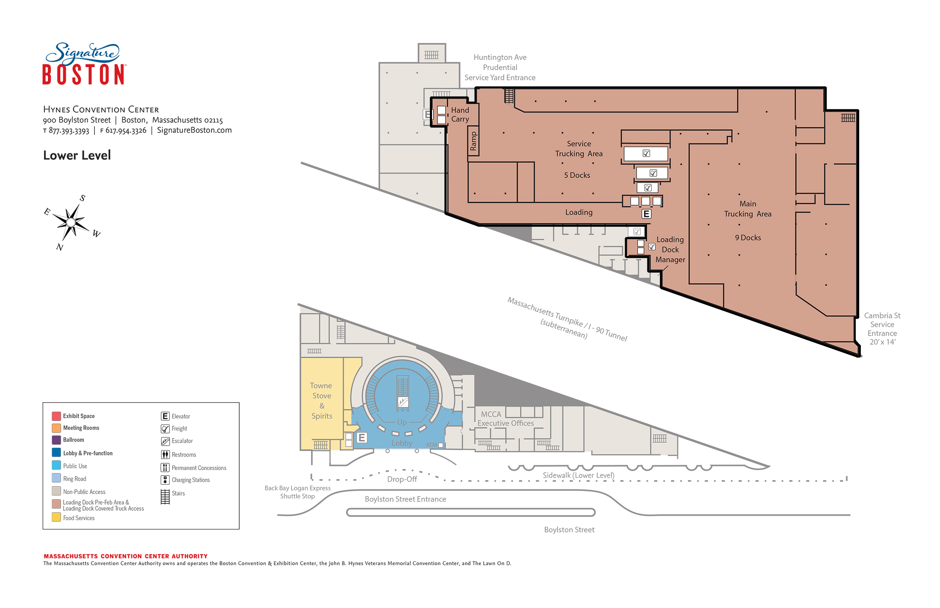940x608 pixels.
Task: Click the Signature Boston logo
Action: coord(84,64)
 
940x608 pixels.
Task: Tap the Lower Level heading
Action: coord(77,155)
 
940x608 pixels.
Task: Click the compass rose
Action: coord(72,222)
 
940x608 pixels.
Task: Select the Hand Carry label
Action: coord(460,114)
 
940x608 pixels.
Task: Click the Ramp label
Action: coord(473,141)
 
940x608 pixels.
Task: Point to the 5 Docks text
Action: coord(577,175)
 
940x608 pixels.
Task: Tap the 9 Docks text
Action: coord(748,237)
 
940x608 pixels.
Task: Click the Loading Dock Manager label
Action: coord(670,249)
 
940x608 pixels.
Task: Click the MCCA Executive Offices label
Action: coord(505,418)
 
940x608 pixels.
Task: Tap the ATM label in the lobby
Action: coord(432,445)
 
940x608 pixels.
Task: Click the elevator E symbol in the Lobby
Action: coord(362,438)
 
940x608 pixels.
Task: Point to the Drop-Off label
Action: coord(402,479)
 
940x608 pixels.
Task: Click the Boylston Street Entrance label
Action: coord(405,499)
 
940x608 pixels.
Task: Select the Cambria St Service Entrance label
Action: coord(882,328)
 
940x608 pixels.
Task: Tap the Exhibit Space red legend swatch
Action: coord(56,416)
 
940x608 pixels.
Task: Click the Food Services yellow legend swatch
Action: coord(56,517)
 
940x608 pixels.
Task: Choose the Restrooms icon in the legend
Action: coord(165,455)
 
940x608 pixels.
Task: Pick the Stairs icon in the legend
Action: coord(165,497)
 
